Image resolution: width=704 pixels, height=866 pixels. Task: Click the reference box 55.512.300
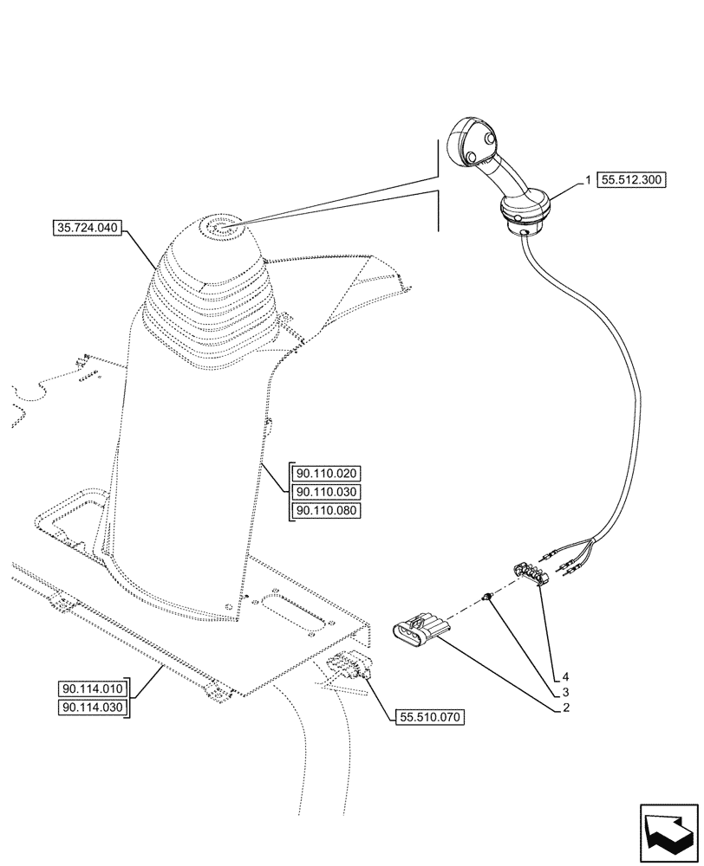tap(630, 181)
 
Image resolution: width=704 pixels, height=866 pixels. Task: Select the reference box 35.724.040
tap(88, 229)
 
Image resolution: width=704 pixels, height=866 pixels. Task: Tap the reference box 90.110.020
tap(327, 474)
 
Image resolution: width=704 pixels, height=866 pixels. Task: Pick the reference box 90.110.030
tap(327, 492)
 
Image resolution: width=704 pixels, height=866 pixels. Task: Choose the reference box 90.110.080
tap(327, 510)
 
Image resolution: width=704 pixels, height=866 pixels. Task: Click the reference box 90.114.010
tap(94, 689)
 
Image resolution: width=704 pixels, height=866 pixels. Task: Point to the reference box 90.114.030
tap(94, 708)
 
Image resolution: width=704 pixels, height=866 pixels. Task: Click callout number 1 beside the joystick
tap(588, 180)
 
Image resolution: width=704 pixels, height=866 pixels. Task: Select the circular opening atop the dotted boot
tap(218, 230)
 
